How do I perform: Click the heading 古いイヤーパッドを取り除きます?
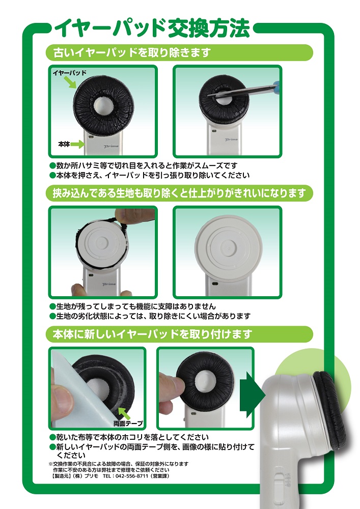132,52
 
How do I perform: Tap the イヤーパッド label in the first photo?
69,73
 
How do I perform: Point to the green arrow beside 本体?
77,144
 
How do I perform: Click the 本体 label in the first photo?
64,144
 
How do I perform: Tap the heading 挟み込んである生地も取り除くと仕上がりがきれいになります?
179,193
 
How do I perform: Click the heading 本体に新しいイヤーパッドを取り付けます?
152,334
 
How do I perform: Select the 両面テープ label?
128,423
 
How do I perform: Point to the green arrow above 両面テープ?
124,413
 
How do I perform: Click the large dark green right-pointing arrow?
252,395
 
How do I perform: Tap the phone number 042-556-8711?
132,476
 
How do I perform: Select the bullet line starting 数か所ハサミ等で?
144,165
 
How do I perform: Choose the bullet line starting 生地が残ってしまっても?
132,306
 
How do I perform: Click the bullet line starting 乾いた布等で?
129,437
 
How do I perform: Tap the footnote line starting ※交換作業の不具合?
118,464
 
